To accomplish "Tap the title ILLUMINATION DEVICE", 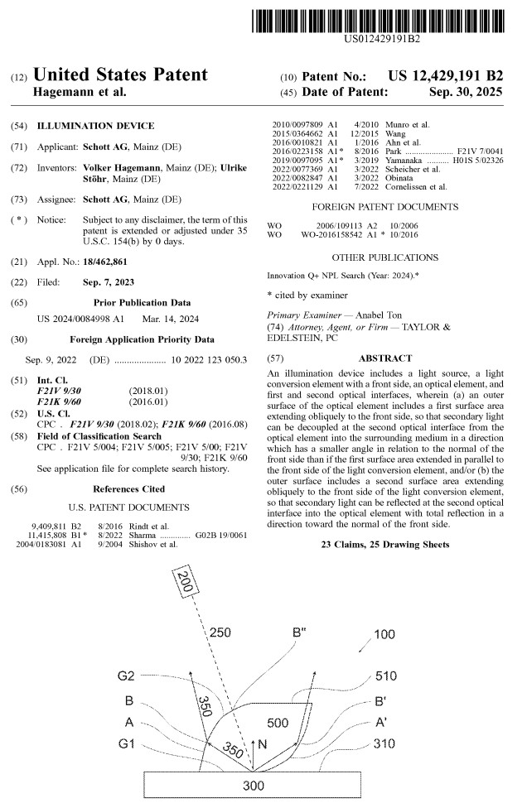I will click(95, 126).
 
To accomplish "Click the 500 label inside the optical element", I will click(278, 723).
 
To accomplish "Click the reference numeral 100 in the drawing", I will click(384, 634).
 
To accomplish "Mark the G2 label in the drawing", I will click(126, 676).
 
